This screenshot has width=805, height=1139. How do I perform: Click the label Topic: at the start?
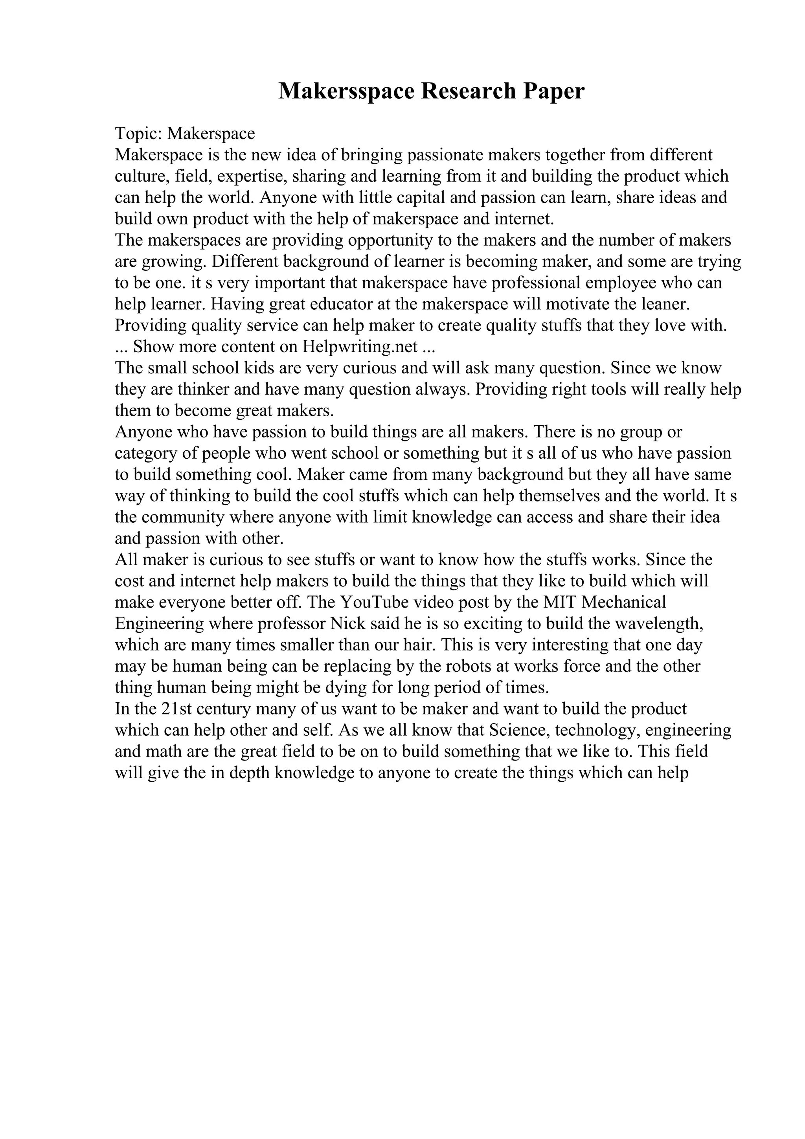[x=138, y=134]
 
